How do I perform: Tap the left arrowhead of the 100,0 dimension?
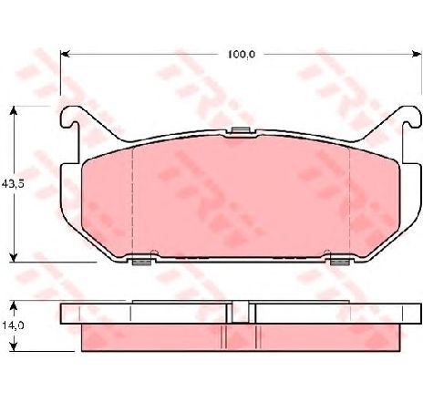click(66, 54)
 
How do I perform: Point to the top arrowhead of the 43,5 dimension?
click(13, 110)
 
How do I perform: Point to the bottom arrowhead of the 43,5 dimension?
click(13, 257)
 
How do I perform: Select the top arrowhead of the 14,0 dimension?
click(13, 305)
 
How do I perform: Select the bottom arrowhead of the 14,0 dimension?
click(13, 346)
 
